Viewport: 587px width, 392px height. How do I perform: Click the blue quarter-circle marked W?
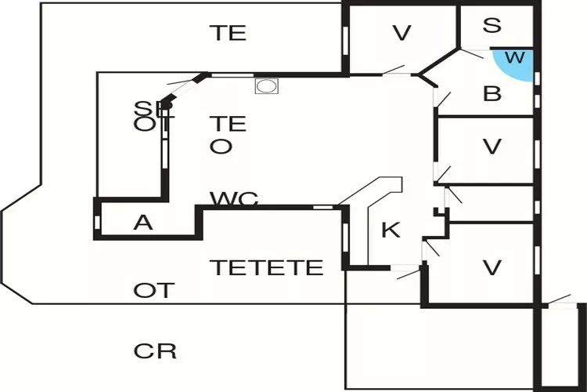click(517, 63)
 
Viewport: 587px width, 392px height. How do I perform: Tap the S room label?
click(492, 25)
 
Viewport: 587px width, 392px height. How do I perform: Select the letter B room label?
click(492, 94)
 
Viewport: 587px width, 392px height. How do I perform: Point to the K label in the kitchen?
click(391, 230)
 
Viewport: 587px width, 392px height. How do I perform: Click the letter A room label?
click(142, 223)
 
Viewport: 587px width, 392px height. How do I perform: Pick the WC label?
click(234, 199)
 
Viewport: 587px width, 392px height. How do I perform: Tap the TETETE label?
click(266, 267)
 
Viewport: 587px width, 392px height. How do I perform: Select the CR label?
click(155, 350)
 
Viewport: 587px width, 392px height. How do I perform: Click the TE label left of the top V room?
click(228, 33)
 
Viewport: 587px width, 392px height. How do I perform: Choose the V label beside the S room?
click(402, 33)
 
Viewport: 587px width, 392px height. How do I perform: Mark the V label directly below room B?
click(492, 147)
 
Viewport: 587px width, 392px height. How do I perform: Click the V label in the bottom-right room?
click(492, 267)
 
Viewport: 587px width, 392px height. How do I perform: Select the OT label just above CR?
click(153, 291)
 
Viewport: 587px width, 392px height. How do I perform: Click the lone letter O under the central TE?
click(221, 147)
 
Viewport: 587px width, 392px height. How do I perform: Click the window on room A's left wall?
click(97, 222)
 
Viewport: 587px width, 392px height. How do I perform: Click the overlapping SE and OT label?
click(153, 116)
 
